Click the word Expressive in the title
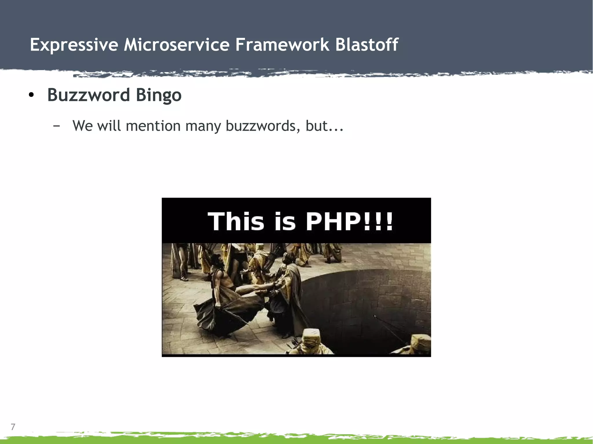point(74,45)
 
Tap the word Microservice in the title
point(177,45)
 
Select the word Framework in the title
point(282,45)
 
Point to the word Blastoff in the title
point(367,45)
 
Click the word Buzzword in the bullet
point(88,95)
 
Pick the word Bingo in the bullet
point(159,95)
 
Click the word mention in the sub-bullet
point(153,126)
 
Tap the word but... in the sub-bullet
point(325,126)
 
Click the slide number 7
point(13,427)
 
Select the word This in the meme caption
point(236,222)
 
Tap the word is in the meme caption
point(285,222)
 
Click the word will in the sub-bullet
point(109,126)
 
